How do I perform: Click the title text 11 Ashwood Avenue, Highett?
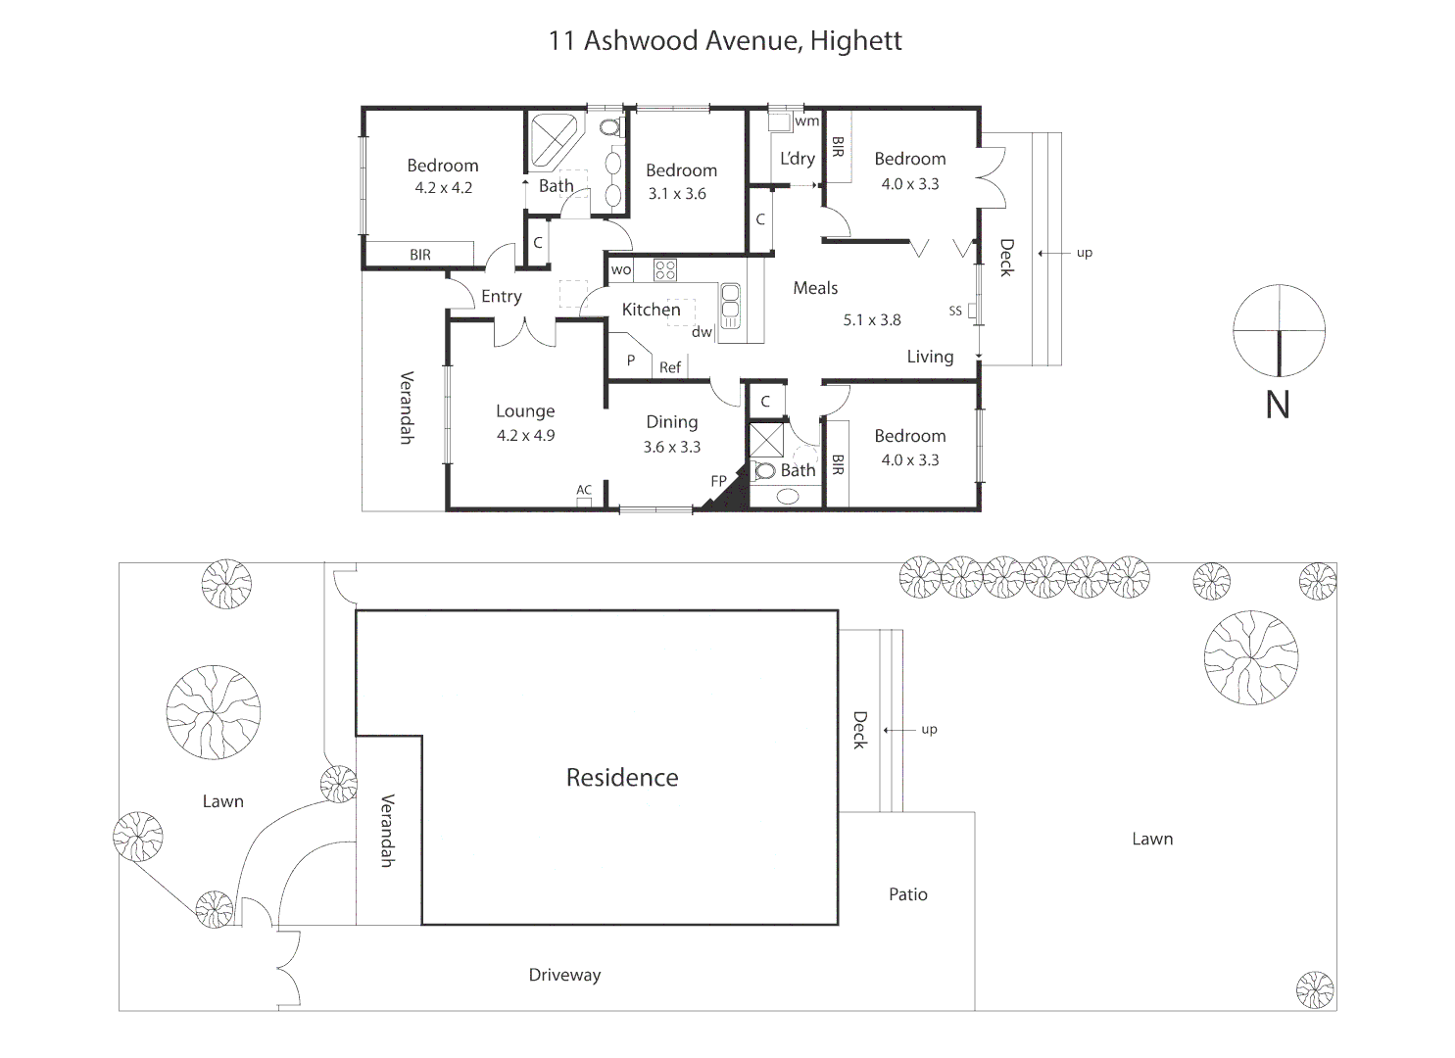coord(725,41)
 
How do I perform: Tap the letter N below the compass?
coord(1278,406)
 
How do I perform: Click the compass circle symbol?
coord(1279,330)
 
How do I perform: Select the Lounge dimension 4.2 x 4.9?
coord(525,436)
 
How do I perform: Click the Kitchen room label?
coord(651,310)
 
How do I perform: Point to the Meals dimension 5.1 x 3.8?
coord(871,320)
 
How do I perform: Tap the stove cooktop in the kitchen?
coord(665,270)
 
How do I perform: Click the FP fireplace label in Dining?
coord(718,481)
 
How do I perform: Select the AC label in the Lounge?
coord(584,490)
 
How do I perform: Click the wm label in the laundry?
coord(806,121)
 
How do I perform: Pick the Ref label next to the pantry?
coord(670,367)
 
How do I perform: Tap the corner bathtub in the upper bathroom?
coord(553,142)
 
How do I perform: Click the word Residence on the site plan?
coord(622,778)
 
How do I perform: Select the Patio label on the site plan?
coord(907,894)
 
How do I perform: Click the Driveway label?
coord(564,975)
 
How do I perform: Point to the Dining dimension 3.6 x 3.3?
coord(671,447)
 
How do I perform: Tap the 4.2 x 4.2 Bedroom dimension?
coord(443,188)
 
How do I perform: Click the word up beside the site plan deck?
coord(929,729)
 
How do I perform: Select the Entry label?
coord(501,297)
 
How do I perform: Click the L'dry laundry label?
coord(797,159)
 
